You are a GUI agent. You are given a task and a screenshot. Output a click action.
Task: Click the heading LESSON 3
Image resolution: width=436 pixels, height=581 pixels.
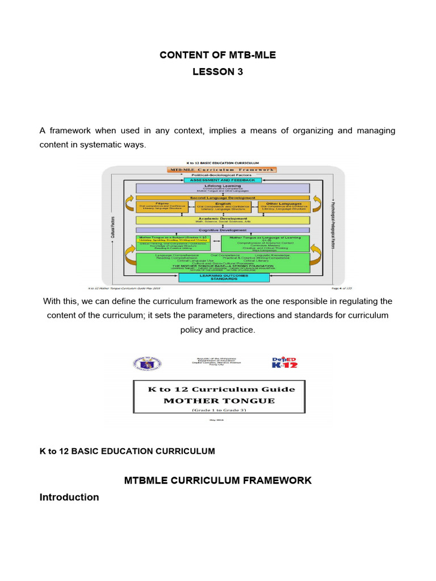[x=217, y=71]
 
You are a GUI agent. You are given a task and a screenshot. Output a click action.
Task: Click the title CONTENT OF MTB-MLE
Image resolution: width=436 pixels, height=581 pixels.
[x=217, y=55]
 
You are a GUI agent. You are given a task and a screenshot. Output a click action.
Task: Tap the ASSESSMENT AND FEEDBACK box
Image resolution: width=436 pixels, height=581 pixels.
[x=223, y=180]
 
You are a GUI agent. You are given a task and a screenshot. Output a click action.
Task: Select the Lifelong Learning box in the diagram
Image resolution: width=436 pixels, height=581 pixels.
[x=223, y=188]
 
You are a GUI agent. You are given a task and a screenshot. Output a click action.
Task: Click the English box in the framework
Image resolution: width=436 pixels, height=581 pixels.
[x=223, y=206]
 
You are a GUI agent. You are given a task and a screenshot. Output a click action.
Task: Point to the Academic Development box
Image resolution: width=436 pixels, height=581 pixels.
[x=223, y=220]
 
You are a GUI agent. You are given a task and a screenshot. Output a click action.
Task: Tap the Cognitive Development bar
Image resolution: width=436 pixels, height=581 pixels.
[x=223, y=230]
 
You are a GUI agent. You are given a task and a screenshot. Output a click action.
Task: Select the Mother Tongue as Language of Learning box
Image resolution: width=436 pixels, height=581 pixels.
[x=261, y=244]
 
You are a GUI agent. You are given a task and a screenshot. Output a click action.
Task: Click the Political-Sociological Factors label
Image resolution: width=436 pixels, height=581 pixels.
[x=223, y=175]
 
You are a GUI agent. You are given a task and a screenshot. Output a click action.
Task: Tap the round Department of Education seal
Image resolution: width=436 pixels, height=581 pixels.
[x=149, y=364]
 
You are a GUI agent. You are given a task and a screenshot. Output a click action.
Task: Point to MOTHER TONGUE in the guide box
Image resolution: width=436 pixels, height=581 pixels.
[x=219, y=400]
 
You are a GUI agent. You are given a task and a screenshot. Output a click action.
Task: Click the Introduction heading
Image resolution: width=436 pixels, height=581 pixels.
[x=69, y=497]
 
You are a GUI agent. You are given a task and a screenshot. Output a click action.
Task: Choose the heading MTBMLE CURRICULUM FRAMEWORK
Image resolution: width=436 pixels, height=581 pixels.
[x=217, y=480]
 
